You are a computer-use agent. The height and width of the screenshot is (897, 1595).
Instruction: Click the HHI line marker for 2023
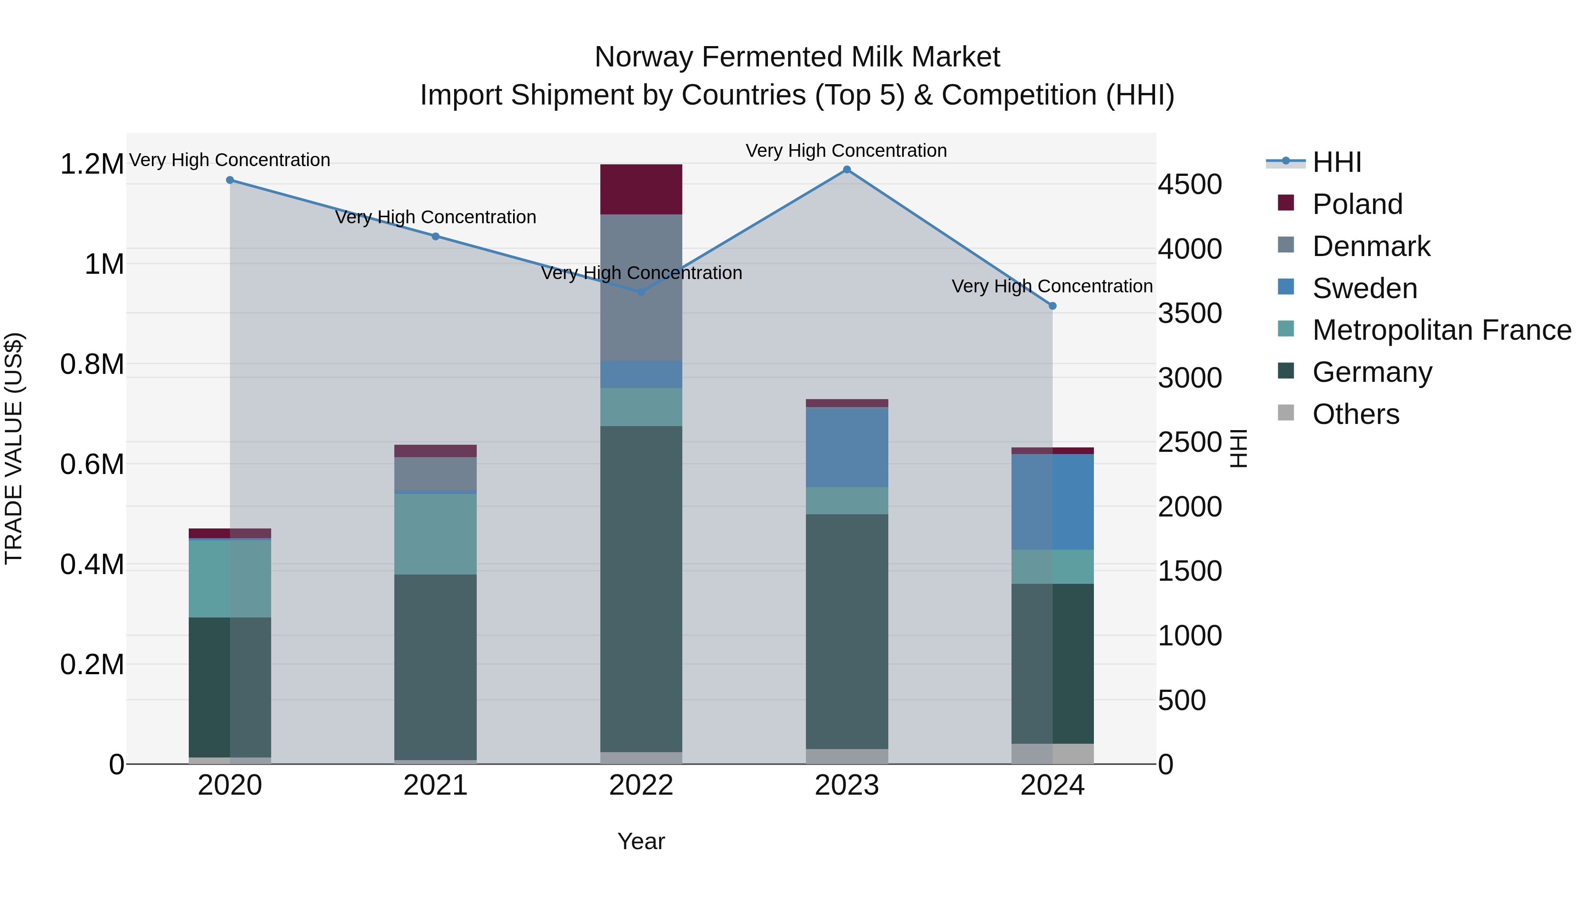[846, 170]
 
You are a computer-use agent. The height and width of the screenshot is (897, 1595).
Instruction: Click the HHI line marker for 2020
[230, 180]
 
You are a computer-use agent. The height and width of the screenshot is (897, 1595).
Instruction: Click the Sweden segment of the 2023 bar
[846, 447]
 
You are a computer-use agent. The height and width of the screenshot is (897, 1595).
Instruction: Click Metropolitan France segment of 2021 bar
[435, 534]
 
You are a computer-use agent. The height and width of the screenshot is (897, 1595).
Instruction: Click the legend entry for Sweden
[1364, 288]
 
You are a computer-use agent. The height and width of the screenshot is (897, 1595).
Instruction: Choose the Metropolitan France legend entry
[1441, 330]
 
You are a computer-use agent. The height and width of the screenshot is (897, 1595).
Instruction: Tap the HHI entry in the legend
[1336, 162]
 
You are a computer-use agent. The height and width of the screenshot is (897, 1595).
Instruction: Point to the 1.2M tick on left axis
[92, 165]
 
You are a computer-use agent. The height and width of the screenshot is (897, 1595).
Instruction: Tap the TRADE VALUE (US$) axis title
[14, 448]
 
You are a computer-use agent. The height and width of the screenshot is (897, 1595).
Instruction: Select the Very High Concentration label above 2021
[435, 217]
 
